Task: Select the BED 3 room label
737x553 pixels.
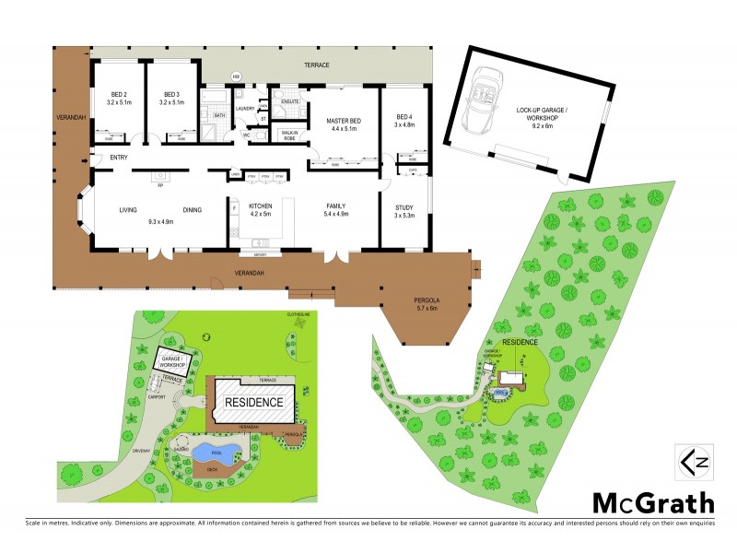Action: coord(171,94)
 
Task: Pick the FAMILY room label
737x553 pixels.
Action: coord(334,207)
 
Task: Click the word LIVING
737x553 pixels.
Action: coord(128,210)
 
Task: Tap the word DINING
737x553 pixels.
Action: coord(192,210)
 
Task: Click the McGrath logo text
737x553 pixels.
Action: coord(652,504)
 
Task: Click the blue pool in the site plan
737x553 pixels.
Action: coord(217,453)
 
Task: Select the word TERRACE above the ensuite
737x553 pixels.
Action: coord(316,65)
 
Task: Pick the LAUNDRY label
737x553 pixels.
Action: coord(245,109)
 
